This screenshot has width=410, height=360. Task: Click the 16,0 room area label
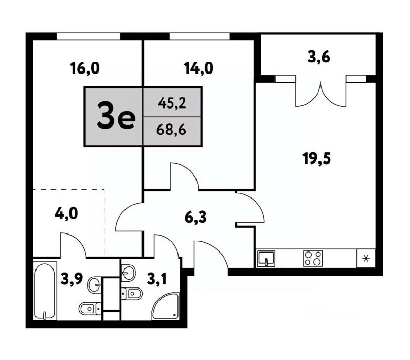[85, 68]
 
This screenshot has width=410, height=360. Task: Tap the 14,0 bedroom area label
[199, 68]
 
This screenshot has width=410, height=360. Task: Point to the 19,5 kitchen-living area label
[317, 158]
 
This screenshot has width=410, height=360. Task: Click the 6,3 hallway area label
[195, 217]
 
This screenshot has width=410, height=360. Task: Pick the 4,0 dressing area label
[66, 213]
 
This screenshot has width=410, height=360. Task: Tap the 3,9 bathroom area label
[72, 279]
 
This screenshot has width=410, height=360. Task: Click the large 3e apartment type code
[116, 116]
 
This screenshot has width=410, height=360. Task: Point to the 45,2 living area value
[172, 103]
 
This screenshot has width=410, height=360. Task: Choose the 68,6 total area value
[171, 130]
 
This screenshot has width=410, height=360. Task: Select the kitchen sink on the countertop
[266, 259]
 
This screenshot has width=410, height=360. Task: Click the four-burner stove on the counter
[313, 259]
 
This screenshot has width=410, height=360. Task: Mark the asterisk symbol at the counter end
[366, 259]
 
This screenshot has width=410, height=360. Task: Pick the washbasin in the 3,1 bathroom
[129, 273]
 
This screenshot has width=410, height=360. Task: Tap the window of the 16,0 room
[88, 37]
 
